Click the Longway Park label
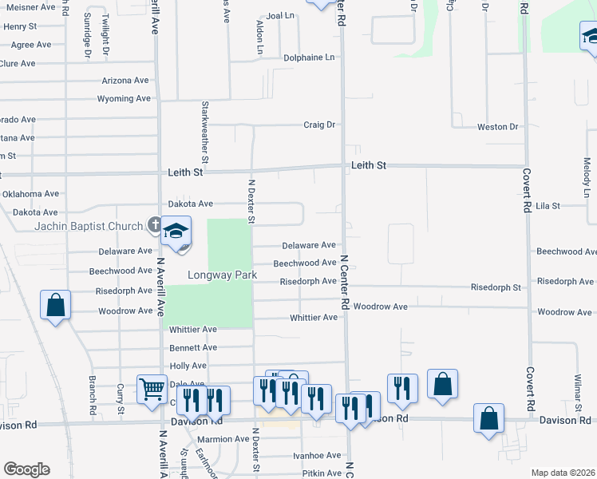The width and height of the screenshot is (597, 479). click(222, 275)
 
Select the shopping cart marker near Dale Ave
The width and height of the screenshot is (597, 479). click(151, 389)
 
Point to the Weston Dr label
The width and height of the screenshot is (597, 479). click(497, 127)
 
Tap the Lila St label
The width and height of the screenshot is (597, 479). click(548, 205)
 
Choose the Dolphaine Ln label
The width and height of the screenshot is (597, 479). click(309, 57)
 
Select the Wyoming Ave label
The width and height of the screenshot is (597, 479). click(124, 99)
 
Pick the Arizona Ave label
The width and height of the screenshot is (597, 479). click(125, 81)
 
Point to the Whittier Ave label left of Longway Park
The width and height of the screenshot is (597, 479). click(193, 329)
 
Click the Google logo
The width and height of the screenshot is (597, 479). click(26, 469)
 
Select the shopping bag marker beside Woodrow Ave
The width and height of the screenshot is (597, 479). click(55, 306)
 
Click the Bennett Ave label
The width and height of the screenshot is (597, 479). click(193, 347)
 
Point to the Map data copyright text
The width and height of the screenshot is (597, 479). click(563, 473)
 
